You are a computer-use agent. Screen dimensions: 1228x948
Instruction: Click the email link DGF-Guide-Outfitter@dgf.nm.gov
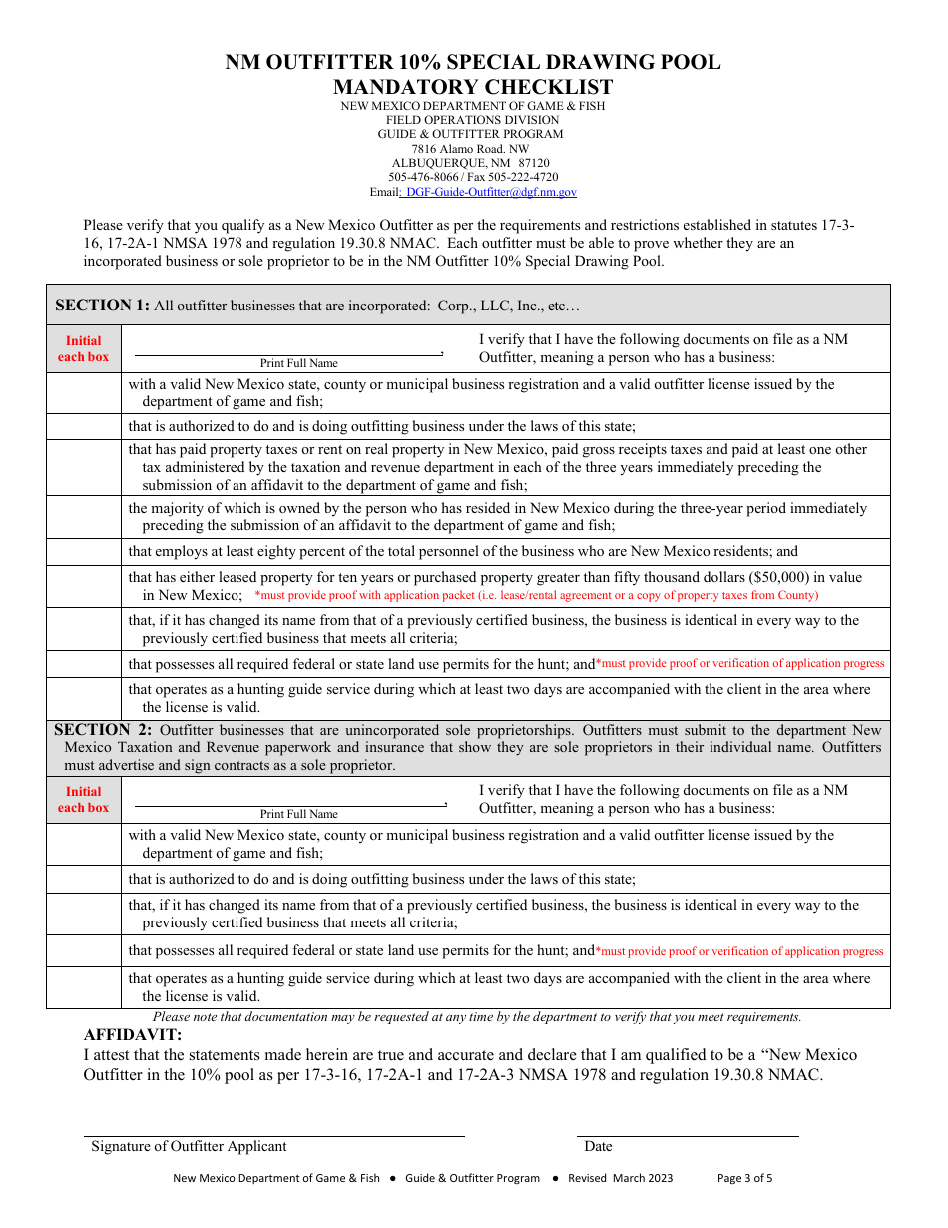pos(490,192)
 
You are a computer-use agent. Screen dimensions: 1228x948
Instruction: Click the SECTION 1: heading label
pos(102,306)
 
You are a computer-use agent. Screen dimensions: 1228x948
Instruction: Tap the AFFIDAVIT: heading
pos(133,1034)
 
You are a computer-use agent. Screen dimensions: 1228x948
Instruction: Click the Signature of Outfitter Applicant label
pos(189,1146)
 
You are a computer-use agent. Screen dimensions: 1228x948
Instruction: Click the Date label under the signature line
pos(598,1146)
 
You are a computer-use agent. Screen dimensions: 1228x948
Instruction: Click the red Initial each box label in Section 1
pos(84,349)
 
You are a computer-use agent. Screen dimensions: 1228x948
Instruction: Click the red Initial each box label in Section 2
pos(84,800)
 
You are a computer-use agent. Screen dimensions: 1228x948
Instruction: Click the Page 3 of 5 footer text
pos(744,1178)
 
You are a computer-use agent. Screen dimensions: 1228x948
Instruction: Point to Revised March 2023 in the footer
pos(620,1178)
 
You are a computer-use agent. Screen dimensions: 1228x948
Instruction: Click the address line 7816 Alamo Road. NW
pos(472,149)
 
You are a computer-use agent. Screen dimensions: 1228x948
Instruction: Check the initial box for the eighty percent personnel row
pos(84,552)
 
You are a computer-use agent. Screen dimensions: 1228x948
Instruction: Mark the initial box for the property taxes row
pos(84,468)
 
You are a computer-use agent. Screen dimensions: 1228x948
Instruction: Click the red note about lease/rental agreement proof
pos(536,595)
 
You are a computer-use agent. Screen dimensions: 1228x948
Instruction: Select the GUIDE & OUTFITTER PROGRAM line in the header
pos(470,134)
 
